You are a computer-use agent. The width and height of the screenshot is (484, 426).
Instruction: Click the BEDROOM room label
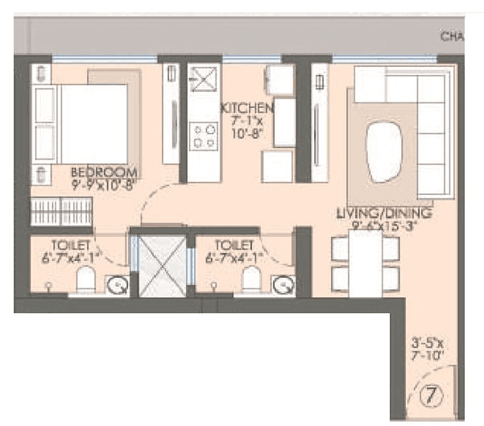(x=105, y=172)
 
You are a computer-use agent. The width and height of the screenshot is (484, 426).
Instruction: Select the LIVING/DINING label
(x=384, y=213)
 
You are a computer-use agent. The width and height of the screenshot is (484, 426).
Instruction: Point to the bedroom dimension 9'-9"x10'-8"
(x=105, y=184)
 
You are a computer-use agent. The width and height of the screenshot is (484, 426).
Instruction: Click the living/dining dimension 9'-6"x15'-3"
(x=385, y=226)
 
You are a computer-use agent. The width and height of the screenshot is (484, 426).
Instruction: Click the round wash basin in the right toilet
(x=283, y=284)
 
